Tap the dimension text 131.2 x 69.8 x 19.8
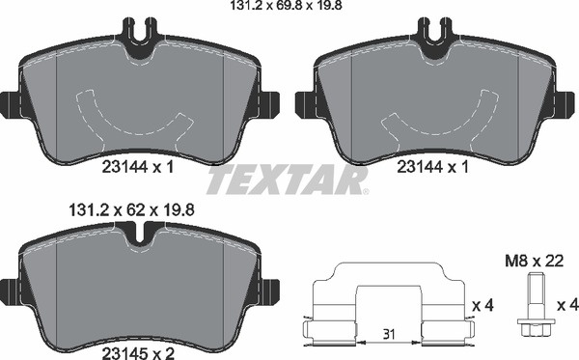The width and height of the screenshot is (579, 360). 287,5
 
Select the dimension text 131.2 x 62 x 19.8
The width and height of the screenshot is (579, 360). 131,210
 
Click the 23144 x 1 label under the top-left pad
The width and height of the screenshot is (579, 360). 137,167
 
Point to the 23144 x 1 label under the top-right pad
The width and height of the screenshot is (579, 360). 432,167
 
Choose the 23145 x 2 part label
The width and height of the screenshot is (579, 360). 137,353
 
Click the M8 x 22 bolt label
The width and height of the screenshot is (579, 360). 534,262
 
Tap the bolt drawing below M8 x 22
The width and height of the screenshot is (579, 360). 535,304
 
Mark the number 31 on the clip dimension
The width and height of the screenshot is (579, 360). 389,335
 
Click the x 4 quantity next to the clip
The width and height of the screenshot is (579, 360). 483,305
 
